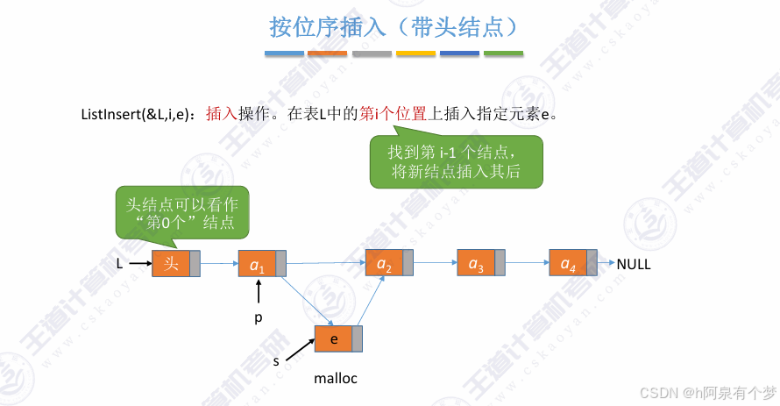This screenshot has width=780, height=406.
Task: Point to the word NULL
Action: [x=634, y=264]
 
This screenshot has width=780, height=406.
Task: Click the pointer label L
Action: [x=119, y=263]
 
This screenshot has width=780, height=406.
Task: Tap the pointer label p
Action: [x=258, y=318]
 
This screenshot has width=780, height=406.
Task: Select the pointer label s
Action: [x=276, y=360]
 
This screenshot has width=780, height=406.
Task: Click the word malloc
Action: [x=336, y=379]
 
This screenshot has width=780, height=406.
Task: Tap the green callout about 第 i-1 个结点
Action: [x=455, y=161]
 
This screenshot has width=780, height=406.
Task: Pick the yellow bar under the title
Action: [x=415, y=53]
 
